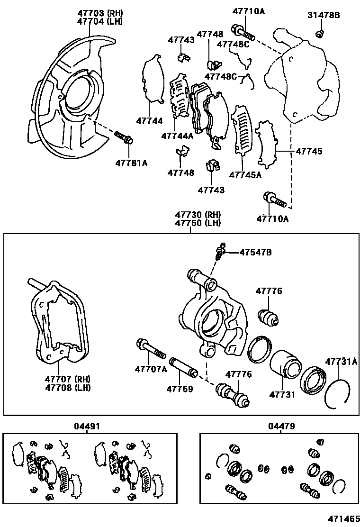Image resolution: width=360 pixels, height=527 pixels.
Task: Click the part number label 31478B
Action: pyautogui.click(x=324, y=15)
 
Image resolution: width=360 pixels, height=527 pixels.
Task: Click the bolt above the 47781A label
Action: pyautogui.click(x=124, y=138)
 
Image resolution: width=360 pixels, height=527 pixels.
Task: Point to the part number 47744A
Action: pyautogui.click(x=177, y=136)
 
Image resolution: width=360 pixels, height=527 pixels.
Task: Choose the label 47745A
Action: pyautogui.click(x=245, y=174)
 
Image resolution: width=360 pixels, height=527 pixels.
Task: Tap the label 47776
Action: pyautogui.click(x=269, y=291)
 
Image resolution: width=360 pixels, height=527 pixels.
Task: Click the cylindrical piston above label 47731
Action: pyautogui.click(x=285, y=363)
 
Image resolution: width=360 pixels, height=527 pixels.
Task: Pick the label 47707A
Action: pyautogui.click(x=151, y=369)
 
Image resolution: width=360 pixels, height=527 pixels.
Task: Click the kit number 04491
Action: pyautogui.click(x=87, y=426)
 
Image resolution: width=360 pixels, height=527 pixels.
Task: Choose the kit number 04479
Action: pyautogui.click(x=281, y=426)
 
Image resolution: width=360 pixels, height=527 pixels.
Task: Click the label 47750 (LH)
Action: pyautogui.click(x=191, y=223)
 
